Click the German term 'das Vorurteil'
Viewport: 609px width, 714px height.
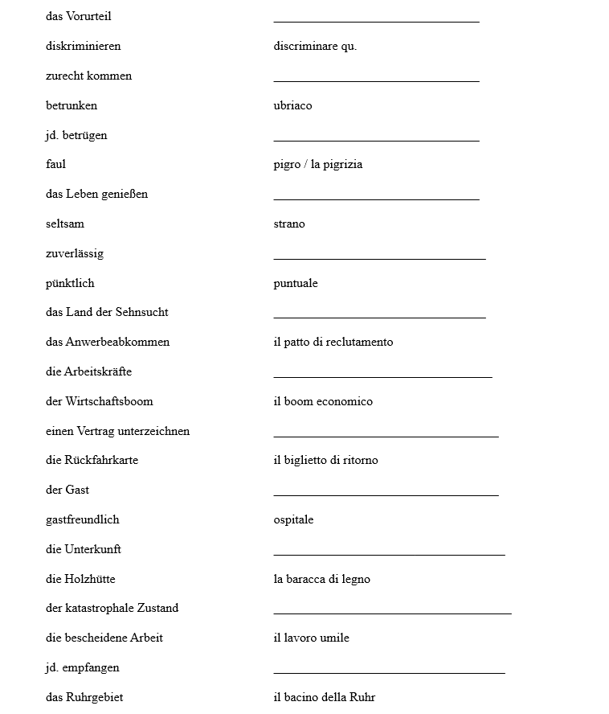click(x=79, y=17)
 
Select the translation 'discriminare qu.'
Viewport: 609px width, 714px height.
click(x=315, y=47)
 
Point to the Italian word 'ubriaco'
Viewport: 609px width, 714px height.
click(x=292, y=106)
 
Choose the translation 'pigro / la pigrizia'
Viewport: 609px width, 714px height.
click(x=317, y=165)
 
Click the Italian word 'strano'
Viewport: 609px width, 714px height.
click(x=289, y=224)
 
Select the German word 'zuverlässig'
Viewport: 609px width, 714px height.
click(x=75, y=254)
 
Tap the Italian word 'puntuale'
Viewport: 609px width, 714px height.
click(x=296, y=284)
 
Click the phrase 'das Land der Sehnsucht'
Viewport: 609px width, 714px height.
click(x=107, y=313)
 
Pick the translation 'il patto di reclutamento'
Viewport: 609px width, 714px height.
click(x=333, y=343)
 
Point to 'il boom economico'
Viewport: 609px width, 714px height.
click(x=323, y=402)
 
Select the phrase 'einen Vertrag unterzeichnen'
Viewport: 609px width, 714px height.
click(x=117, y=432)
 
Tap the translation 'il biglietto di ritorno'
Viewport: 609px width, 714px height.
click(x=325, y=461)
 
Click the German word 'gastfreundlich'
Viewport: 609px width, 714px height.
click(x=82, y=520)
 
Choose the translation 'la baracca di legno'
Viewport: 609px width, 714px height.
click(x=321, y=580)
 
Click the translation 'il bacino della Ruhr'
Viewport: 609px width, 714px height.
click(x=324, y=698)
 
